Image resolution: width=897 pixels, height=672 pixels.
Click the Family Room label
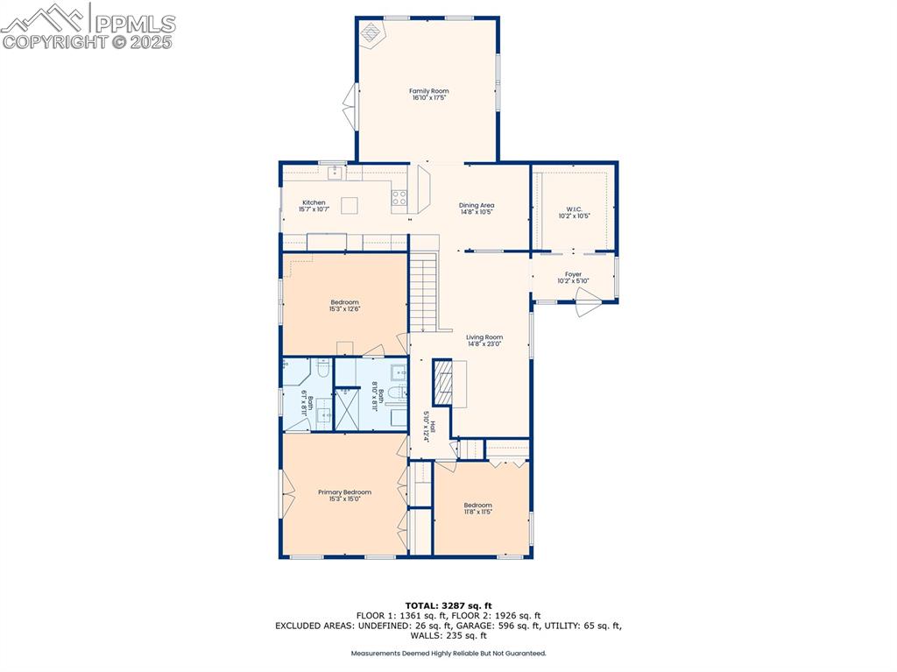point(428,91)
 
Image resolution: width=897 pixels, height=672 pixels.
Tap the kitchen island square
point(350,206)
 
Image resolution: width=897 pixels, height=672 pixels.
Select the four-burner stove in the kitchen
point(399,198)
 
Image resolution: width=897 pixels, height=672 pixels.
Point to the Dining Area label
point(477,205)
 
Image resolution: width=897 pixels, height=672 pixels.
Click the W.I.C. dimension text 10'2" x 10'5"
point(574,216)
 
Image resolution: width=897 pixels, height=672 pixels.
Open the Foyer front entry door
point(587,308)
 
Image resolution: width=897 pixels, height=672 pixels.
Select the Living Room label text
point(484,337)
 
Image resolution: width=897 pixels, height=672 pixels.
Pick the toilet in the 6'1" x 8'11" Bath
point(321,372)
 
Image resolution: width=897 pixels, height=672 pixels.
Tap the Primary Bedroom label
point(344,492)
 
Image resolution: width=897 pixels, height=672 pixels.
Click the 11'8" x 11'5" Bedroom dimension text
point(477,512)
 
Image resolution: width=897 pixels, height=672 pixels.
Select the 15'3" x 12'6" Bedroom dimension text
point(344,308)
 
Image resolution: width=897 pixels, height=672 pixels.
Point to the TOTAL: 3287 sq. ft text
point(448,605)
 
